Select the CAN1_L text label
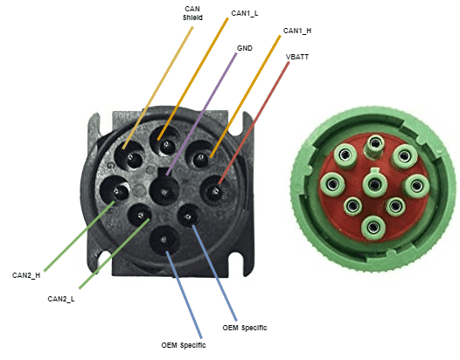coord(246,13)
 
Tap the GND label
coord(245,49)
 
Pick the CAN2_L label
coord(62,299)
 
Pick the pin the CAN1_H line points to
coord(200,157)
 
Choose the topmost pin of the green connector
coord(376,143)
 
